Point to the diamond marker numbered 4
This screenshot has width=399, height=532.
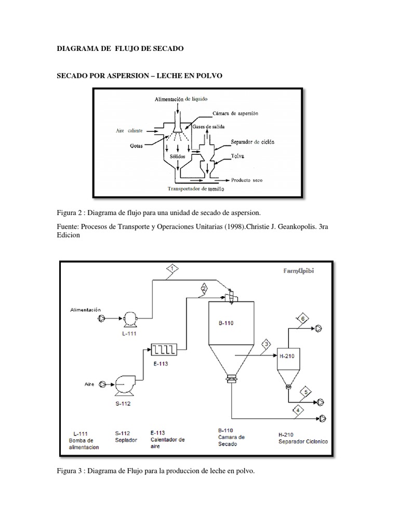click(298, 410)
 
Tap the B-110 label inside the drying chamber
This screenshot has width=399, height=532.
click(225, 323)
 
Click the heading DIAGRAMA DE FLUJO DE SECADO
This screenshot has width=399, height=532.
click(120, 48)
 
